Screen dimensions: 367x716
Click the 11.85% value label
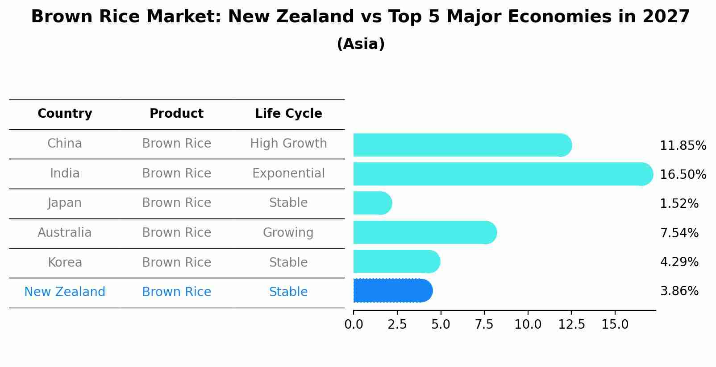tap(683, 146)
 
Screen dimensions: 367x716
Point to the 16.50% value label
tap(683, 174)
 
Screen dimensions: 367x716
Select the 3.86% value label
tap(679, 291)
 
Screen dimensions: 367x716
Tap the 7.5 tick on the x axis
tap(484, 325)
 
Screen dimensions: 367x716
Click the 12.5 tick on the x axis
tap(571, 325)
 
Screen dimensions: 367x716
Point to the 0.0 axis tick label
tap(354, 325)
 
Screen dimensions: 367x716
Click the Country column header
tap(65, 114)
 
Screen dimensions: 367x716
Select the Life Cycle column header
tap(288, 114)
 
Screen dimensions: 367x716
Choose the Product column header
tap(176, 114)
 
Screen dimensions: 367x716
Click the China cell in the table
tap(65, 144)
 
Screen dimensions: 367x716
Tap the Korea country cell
tap(65, 262)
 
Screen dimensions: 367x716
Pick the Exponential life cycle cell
tap(288, 173)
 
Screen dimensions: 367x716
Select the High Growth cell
tap(288, 144)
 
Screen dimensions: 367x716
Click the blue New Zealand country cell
tap(65, 292)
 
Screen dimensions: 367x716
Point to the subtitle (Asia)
tap(361, 44)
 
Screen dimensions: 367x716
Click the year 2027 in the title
tap(666, 17)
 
